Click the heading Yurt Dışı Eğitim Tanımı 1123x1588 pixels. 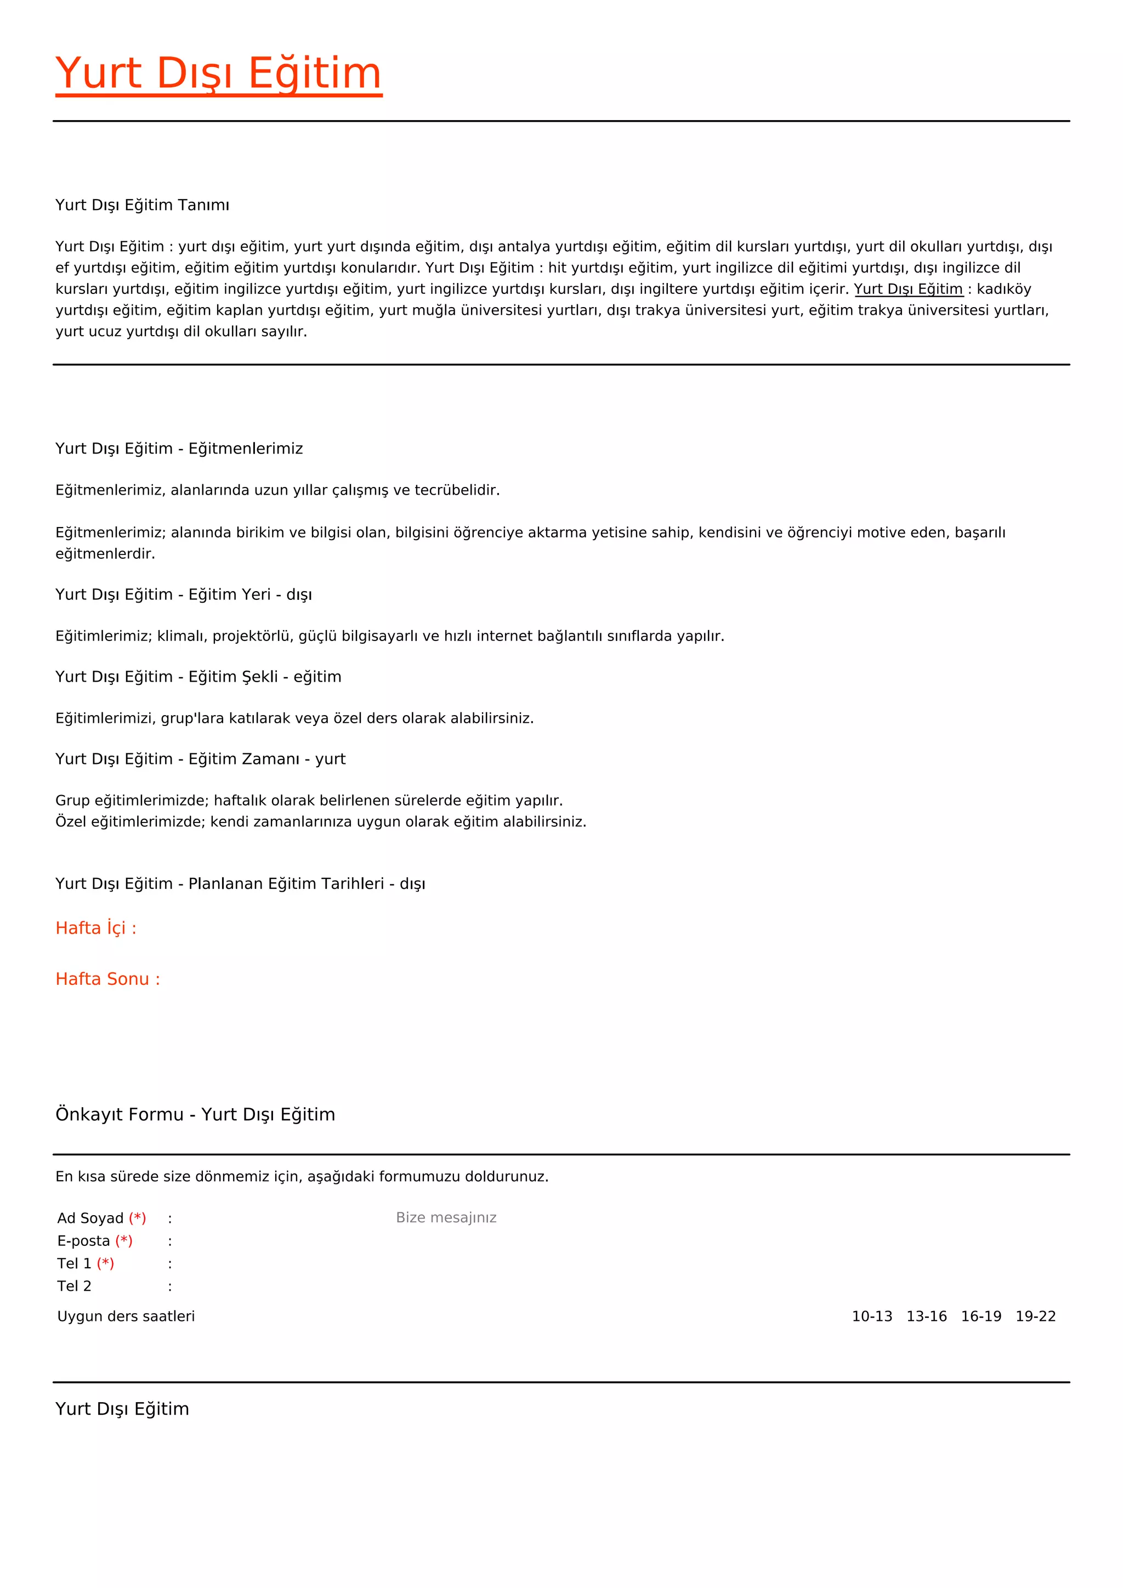(143, 205)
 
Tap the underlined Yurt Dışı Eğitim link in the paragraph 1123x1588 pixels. (908, 289)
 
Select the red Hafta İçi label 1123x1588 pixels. (96, 928)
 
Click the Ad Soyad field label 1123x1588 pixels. (90, 1218)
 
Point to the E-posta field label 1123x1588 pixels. (84, 1241)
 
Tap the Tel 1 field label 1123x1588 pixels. (74, 1263)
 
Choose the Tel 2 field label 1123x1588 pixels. (74, 1286)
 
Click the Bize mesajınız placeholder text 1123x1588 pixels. (446, 1217)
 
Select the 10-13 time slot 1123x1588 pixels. (872, 1316)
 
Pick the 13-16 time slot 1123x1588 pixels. (927, 1316)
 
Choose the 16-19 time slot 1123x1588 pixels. (981, 1316)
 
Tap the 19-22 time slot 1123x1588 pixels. (1036, 1316)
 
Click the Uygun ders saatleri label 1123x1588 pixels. (126, 1316)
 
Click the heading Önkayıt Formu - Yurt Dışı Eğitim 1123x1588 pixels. (195, 1114)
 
